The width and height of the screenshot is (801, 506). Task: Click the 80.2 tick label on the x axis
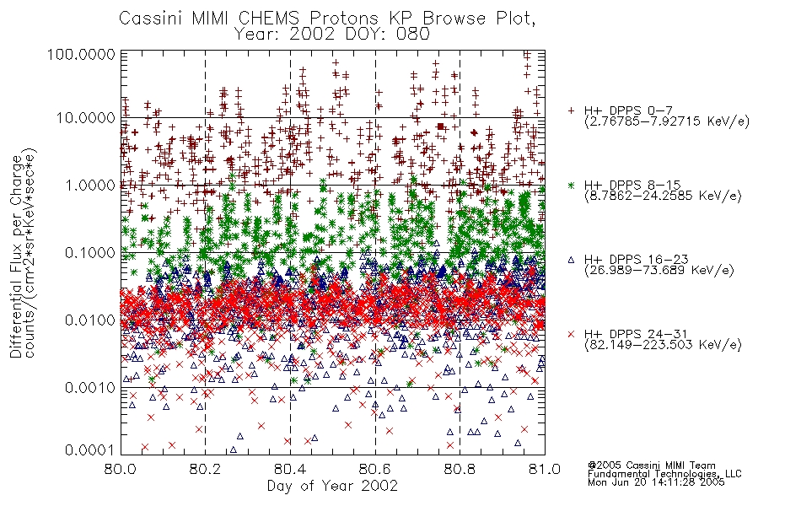pos(205,469)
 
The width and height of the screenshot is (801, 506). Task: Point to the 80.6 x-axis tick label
pos(375,469)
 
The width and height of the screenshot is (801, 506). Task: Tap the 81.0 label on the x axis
pos(545,469)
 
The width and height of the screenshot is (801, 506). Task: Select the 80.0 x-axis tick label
pos(121,469)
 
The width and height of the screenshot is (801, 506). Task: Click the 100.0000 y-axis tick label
pos(82,54)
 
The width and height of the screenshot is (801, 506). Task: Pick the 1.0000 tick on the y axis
pos(90,185)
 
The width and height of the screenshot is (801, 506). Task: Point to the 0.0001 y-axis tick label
pos(90,450)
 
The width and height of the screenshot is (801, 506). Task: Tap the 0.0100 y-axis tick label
pos(90,320)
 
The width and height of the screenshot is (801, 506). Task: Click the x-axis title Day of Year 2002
pos(332,486)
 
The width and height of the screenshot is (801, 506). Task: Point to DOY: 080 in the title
pos(387,35)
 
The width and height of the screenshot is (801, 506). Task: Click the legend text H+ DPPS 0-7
pos(628,110)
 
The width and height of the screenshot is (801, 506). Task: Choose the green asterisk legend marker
pos(571,186)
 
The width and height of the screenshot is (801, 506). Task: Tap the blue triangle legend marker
pos(571,260)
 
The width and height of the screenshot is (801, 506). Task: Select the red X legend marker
pos(571,334)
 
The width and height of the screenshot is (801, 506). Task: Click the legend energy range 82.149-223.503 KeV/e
pos(663,345)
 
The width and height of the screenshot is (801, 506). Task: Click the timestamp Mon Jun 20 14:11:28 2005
pos(656,482)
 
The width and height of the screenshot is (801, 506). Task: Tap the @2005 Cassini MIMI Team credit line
pos(651,466)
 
